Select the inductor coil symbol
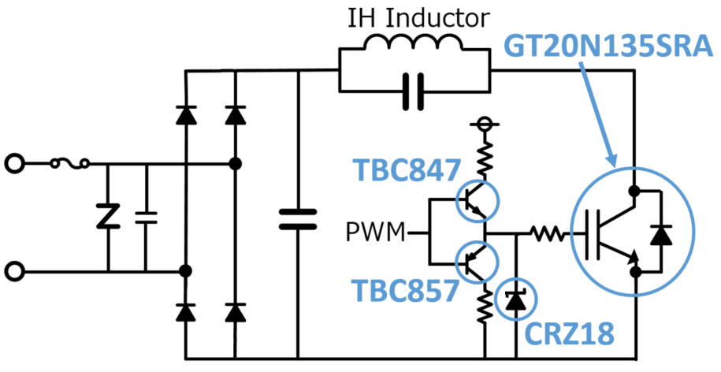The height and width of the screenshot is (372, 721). pos(414,46)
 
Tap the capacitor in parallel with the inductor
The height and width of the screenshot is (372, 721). pos(414,89)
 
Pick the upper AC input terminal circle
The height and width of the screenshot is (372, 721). pos(13,164)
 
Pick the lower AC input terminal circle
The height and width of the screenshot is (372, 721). pos(13,272)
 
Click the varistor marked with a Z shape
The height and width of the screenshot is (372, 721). pos(105,217)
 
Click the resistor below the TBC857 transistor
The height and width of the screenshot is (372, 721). pos(483,306)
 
